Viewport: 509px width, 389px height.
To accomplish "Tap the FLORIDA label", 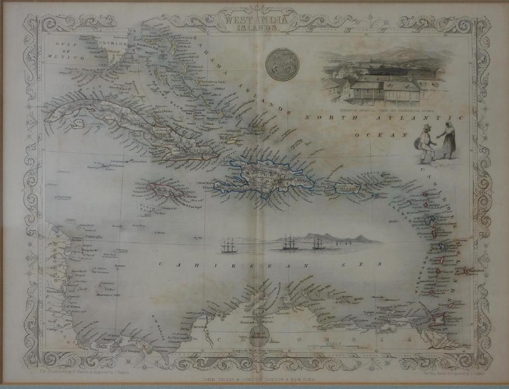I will [112, 44].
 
